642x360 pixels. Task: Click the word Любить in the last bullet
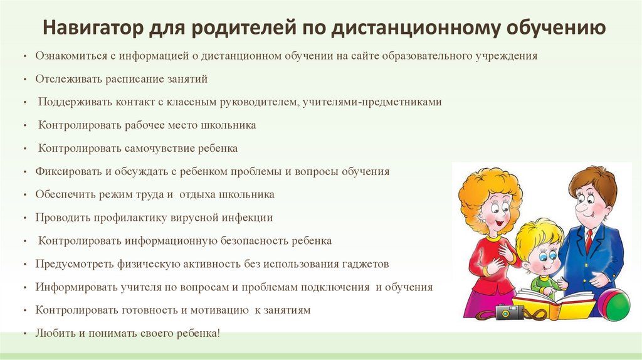(53, 333)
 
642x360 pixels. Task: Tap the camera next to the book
(508, 311)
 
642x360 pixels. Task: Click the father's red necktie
(589, 241)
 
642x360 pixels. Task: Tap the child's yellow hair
(538, 232)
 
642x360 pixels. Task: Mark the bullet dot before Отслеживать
(23, 80)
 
